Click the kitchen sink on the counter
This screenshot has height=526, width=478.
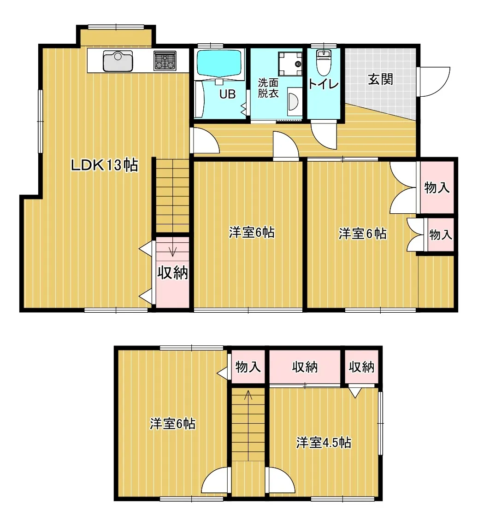(x=118, y=61)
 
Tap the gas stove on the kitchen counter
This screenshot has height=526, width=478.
(x=165, y=60)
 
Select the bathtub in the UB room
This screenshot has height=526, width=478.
(x=219, y=63)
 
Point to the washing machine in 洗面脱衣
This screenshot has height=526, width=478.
(x=289, y=64)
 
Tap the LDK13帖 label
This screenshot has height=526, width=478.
(x=104, y=165)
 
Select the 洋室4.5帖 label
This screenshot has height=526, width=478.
(x=324, y=443)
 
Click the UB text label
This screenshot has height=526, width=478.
(x=227, y=94)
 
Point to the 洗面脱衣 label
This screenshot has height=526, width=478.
(x=268, y=88)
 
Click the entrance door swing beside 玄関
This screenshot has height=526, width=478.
(x=434, y=82)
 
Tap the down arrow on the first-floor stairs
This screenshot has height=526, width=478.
(x=173, y=251)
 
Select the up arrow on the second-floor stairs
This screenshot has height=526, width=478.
(x=248, y=395)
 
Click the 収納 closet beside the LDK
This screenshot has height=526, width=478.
(x=173, y=273)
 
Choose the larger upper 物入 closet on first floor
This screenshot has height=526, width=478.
(x=437, y=187)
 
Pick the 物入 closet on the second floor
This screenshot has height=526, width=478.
(x=248, y=367)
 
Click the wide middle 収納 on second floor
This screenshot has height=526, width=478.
(x=305, y=367)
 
